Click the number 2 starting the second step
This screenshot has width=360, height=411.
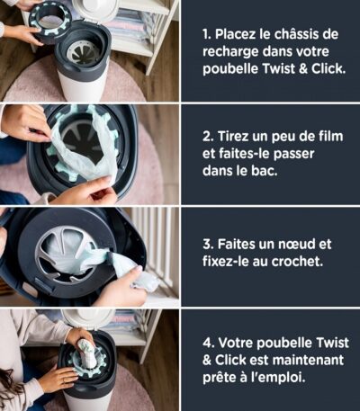[208, 137]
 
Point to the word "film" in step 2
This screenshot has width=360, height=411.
[330, 136]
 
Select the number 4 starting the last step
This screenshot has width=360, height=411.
[208, 343]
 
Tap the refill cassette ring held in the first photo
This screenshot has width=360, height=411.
[50, 22]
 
